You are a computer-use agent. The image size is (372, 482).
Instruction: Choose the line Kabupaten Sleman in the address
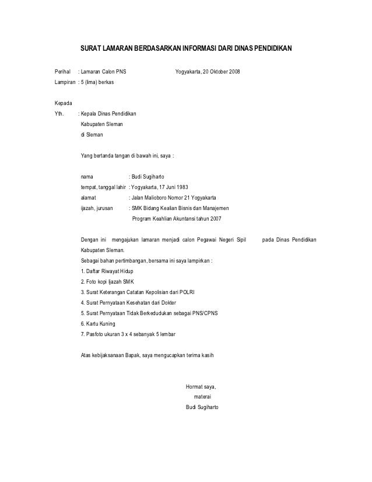[101, 124]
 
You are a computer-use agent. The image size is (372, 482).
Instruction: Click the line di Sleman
[92, 135]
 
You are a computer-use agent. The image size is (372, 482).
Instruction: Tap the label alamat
[89, 197]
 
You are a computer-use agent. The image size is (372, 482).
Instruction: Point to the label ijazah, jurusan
[97, 208]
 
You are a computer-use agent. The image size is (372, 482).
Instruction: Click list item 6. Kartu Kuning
[99, 324]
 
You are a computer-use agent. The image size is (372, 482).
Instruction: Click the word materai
[202, 396]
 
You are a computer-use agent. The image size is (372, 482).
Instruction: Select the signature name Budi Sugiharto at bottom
[202, 407]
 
